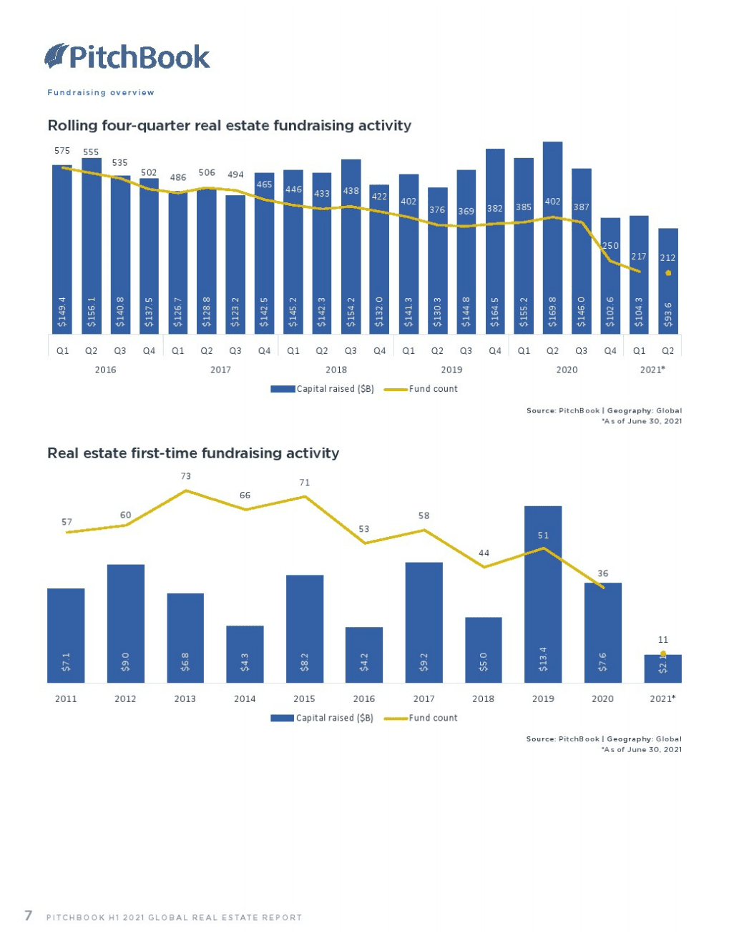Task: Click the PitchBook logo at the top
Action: click(x=127, y=56)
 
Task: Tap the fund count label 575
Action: click(x=62, y=151)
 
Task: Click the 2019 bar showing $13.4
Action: click(x=543, y=593)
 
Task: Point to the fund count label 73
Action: click(x=185, y=476)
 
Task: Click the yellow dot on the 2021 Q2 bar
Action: click(x=668, y=273)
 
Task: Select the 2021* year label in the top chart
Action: click(x=652, y=370)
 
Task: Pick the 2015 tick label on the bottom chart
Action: click(x=304, y=698)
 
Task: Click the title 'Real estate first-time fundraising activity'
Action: click(x=193, y=453)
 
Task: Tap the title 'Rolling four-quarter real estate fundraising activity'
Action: click(x=229, y=126)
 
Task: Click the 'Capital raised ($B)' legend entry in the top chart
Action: click(x=323, y=389)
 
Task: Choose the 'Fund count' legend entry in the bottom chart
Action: click(x=421, y=718)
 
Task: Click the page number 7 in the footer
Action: click(x=29, y=916)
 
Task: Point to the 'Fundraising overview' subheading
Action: click(x=101, y=92)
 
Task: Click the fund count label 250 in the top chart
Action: click(x=610, y=246)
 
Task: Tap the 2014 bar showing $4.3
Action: click(x=245, y=654)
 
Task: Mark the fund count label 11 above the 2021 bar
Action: click(x=663, y=640)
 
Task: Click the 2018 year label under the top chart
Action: click(x=336, y=370)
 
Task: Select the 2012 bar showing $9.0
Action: click(x=126, y=623)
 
